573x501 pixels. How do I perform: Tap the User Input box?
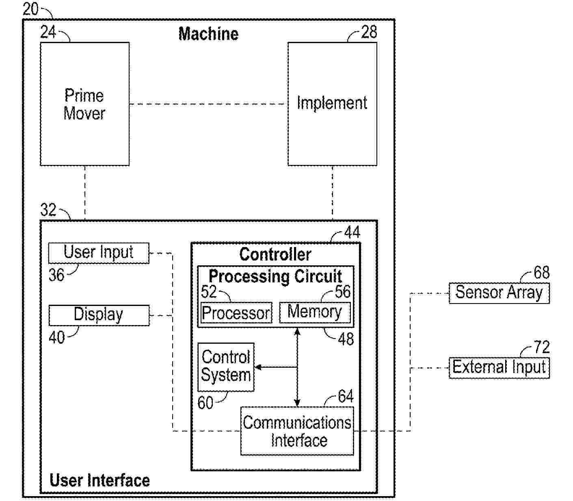(x=99, y=253)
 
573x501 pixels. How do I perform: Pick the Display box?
(x=99, y=315)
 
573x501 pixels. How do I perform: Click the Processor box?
(x=236, y=313)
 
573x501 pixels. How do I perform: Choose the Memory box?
(x=315, y=312)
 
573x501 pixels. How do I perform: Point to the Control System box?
(x=226, y=367)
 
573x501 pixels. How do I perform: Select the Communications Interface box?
(x=297, y=431)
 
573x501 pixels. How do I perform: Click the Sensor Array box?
(x=499, y=293)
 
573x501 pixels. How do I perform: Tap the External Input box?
(x=499, y=368)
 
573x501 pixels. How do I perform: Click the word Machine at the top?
(x=208, y=34)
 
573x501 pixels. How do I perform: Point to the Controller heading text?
(x=275, y=254)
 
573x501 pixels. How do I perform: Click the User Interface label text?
(x=99, y=480)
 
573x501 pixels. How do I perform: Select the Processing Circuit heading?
(x=275, y=276)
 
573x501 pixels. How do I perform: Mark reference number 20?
(x=30, y=9)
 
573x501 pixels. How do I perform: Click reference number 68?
(x=541, y=273)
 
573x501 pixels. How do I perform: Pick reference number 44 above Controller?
(x=352, y=232)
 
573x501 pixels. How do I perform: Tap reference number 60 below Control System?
(x=205, y=403)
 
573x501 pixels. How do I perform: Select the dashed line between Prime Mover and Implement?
(x=208, y=104)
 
